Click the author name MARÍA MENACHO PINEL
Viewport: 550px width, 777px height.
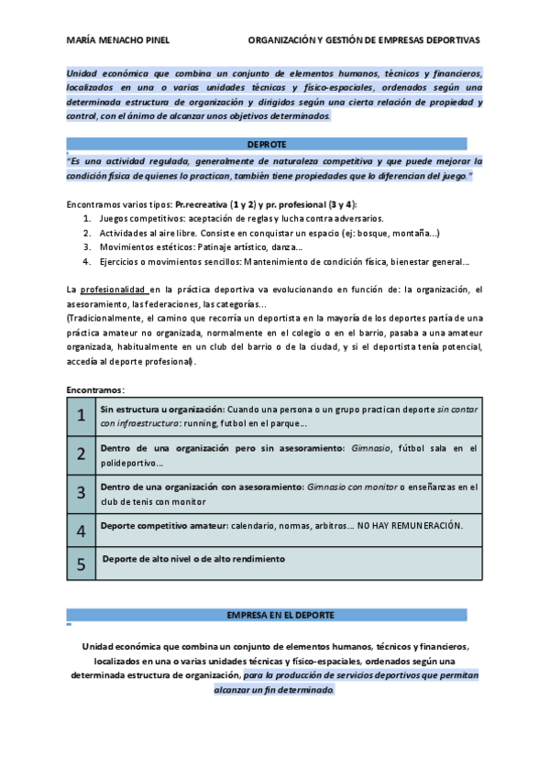tap(117, 40)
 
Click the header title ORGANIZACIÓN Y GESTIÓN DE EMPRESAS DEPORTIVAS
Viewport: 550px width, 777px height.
tap(364, 40)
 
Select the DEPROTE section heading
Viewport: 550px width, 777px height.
tap(267, 144)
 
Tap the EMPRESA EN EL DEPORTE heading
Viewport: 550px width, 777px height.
tap(267, 614)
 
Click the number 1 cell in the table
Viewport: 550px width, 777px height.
tap(82, 416)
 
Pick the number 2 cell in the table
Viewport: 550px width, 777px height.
tap(82, 454)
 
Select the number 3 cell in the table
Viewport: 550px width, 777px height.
tap(82, 492)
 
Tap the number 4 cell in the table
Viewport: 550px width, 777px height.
tap(82, 531)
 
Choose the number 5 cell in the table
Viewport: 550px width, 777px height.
tap(82, 564)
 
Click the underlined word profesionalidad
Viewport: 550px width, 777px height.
tap(108, 290)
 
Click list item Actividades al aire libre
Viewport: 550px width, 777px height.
tap(150, 234)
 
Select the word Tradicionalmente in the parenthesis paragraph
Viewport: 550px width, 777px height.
tap(104, 317)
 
